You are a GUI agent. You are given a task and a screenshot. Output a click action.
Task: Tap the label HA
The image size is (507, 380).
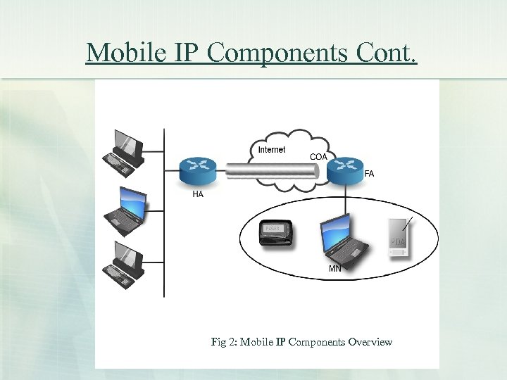pyautogui.click(x=198, y=195)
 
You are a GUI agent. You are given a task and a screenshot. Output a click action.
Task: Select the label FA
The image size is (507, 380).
pyautogui.click(x=369, y=174)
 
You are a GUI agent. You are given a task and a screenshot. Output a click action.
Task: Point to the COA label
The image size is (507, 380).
pyautogui.click(x=318, y=156)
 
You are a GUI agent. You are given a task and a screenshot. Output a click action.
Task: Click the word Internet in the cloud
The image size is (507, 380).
pyautogui.click(x=272, y=150)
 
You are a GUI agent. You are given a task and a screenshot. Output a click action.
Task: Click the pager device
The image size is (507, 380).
pyautogui.click(x=275, y=234)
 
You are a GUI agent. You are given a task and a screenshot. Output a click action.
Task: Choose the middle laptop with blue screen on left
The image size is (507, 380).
pyautogui.click(x=125, y=209)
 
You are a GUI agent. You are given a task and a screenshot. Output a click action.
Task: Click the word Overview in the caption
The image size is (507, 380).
pyautogui.click(x=369, y=342)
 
